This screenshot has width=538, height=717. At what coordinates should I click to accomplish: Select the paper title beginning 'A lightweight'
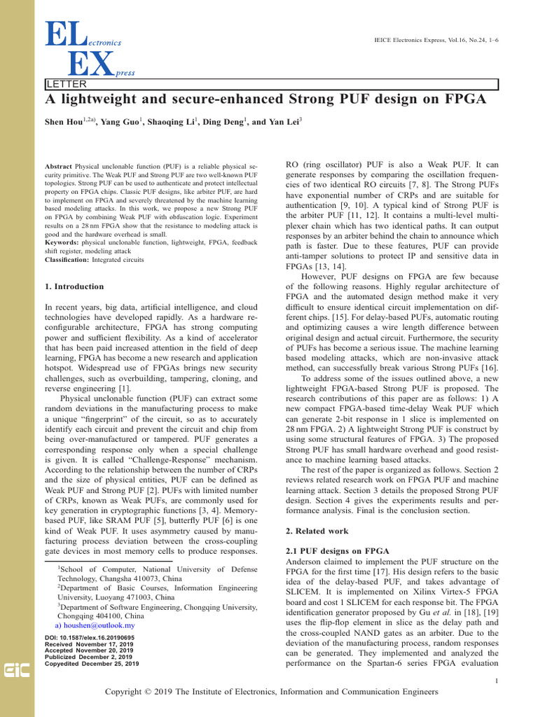tap(265, 99)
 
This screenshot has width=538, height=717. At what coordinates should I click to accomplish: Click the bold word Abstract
tap(58, 167)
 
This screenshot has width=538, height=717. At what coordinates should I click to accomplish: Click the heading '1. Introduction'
tap(74, 286)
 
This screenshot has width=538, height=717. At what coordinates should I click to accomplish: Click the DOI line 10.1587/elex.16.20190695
tap(89, 638)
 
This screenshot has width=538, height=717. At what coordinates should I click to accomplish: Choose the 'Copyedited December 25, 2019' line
tap(91, 664)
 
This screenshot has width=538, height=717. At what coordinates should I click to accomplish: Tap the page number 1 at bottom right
tap(496, 680)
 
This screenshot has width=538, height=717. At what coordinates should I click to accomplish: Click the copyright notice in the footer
tap(271, 692)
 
